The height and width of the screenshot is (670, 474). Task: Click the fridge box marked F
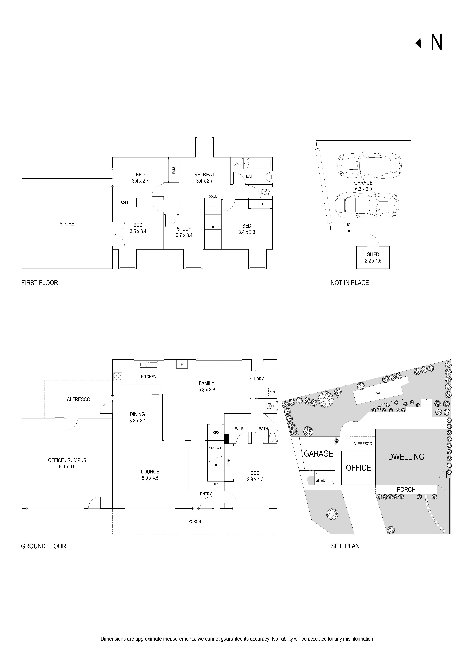tap(182, 364)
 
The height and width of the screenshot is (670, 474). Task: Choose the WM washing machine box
tap(272, 392)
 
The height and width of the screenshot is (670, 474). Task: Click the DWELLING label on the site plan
tap(406, 457)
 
